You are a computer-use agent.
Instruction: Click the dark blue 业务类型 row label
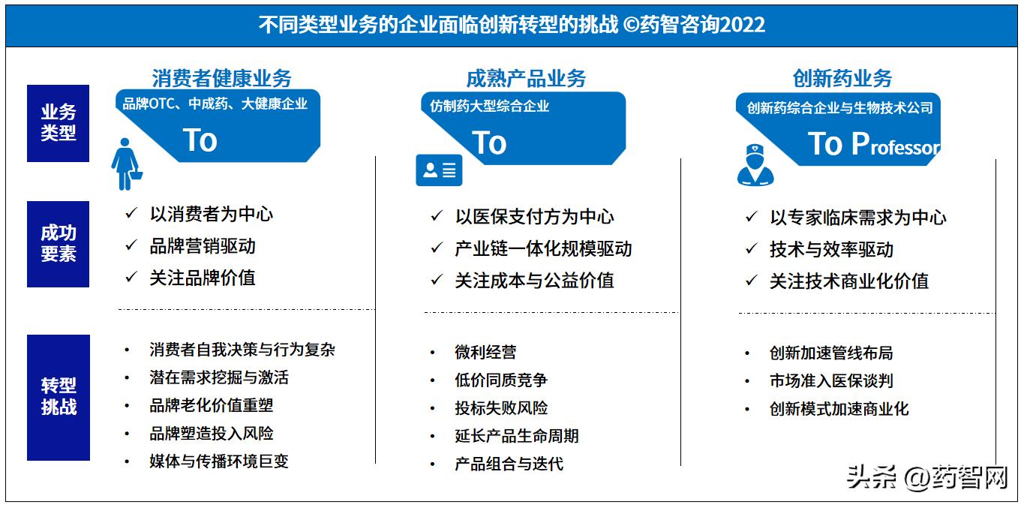tap(58, 123)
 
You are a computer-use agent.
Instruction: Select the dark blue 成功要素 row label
tap(58, 244)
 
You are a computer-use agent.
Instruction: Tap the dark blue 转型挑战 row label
tap(58, 397)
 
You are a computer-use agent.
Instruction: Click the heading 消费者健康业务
tap(221, 78)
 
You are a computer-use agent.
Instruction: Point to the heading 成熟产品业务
tap(526, 78)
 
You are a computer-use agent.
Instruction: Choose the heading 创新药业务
tap(842, 78)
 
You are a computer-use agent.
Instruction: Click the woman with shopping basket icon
tap(126, 163)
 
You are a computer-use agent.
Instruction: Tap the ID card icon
tap(439, 170)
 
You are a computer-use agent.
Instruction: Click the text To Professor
tap(874, 144)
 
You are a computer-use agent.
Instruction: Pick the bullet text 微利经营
tap(485, 352)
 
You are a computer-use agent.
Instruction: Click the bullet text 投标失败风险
tap(501, 408)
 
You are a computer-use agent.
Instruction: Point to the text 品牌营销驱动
tap(203, 246)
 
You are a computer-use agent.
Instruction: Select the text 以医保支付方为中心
tap(534, 217)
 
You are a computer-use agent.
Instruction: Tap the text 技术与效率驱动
tap(831, 249)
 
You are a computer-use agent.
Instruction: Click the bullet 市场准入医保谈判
tap(831, 381)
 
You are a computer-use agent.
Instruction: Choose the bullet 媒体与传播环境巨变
tap(219, 461)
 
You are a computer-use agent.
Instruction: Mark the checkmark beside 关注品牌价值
tap(131, 278)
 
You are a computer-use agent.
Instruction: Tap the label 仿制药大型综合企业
tap(489, 106)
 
